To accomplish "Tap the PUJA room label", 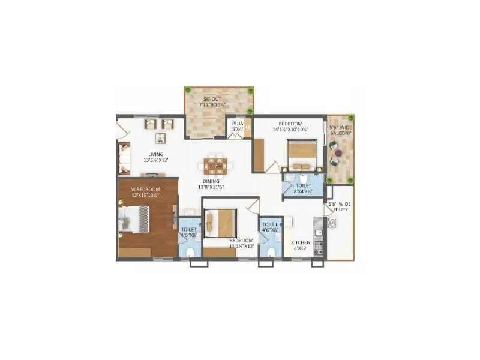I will point(238,124).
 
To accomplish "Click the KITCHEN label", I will point(300,242).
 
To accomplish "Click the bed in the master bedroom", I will point(135,219).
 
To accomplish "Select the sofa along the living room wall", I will point(124,158).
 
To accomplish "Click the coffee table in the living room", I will point(160,138).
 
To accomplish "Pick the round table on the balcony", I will point(340,154).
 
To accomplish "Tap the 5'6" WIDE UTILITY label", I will point(340,208).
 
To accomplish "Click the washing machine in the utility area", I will point(333,222).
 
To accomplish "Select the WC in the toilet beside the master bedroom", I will point(190,250).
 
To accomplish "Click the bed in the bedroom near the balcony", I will point(302,155).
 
